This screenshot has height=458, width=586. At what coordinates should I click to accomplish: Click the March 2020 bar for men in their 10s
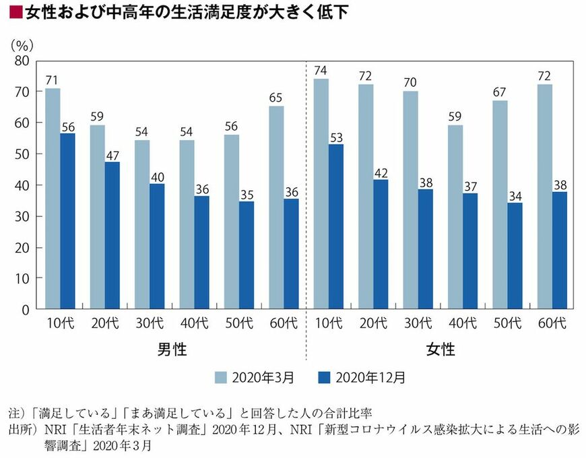[x=53, y=199]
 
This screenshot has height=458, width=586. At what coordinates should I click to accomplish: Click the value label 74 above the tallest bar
[x=321, y=70]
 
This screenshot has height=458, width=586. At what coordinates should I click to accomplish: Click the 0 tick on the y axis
[x=25, y=310]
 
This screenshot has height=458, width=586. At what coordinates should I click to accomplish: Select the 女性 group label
[x=441, y=350]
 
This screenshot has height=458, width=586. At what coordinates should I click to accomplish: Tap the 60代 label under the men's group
[x=283, y=323]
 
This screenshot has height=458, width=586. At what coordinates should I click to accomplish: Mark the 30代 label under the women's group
[x=417, y=323]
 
